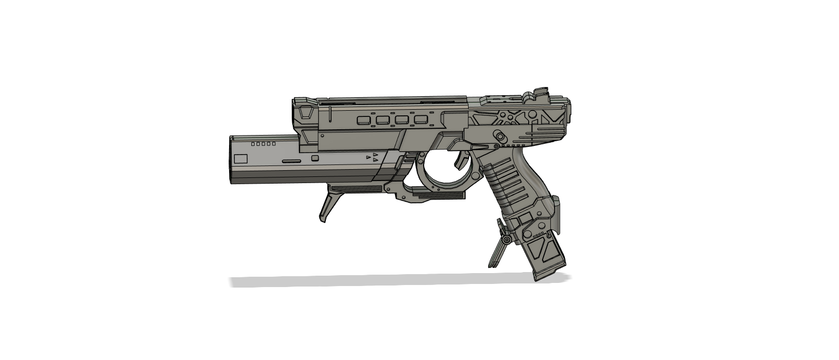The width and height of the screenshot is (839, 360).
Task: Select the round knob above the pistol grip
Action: tap(499, 136)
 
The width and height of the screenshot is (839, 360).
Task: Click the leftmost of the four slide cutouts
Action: tap(364, 121)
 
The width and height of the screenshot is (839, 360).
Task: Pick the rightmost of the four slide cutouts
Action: tap(422, 121)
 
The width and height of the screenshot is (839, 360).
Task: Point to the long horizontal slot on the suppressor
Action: tap(291, 161)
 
